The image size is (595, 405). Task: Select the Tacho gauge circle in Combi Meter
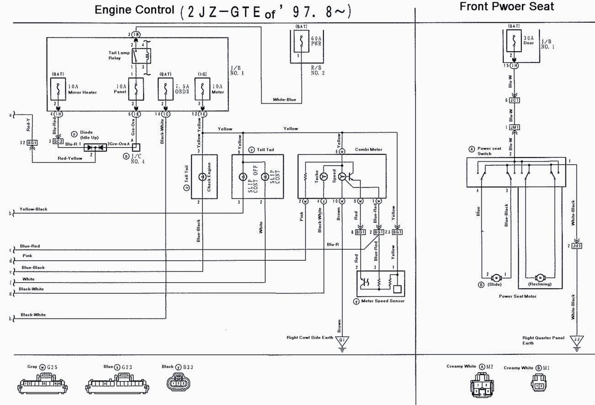pos(324,176)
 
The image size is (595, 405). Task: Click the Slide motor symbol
pos(496,277)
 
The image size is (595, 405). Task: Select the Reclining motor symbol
pos(540,277)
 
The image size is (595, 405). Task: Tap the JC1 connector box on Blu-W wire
pos(515,100)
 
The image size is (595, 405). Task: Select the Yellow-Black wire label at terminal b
pos(33,210)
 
